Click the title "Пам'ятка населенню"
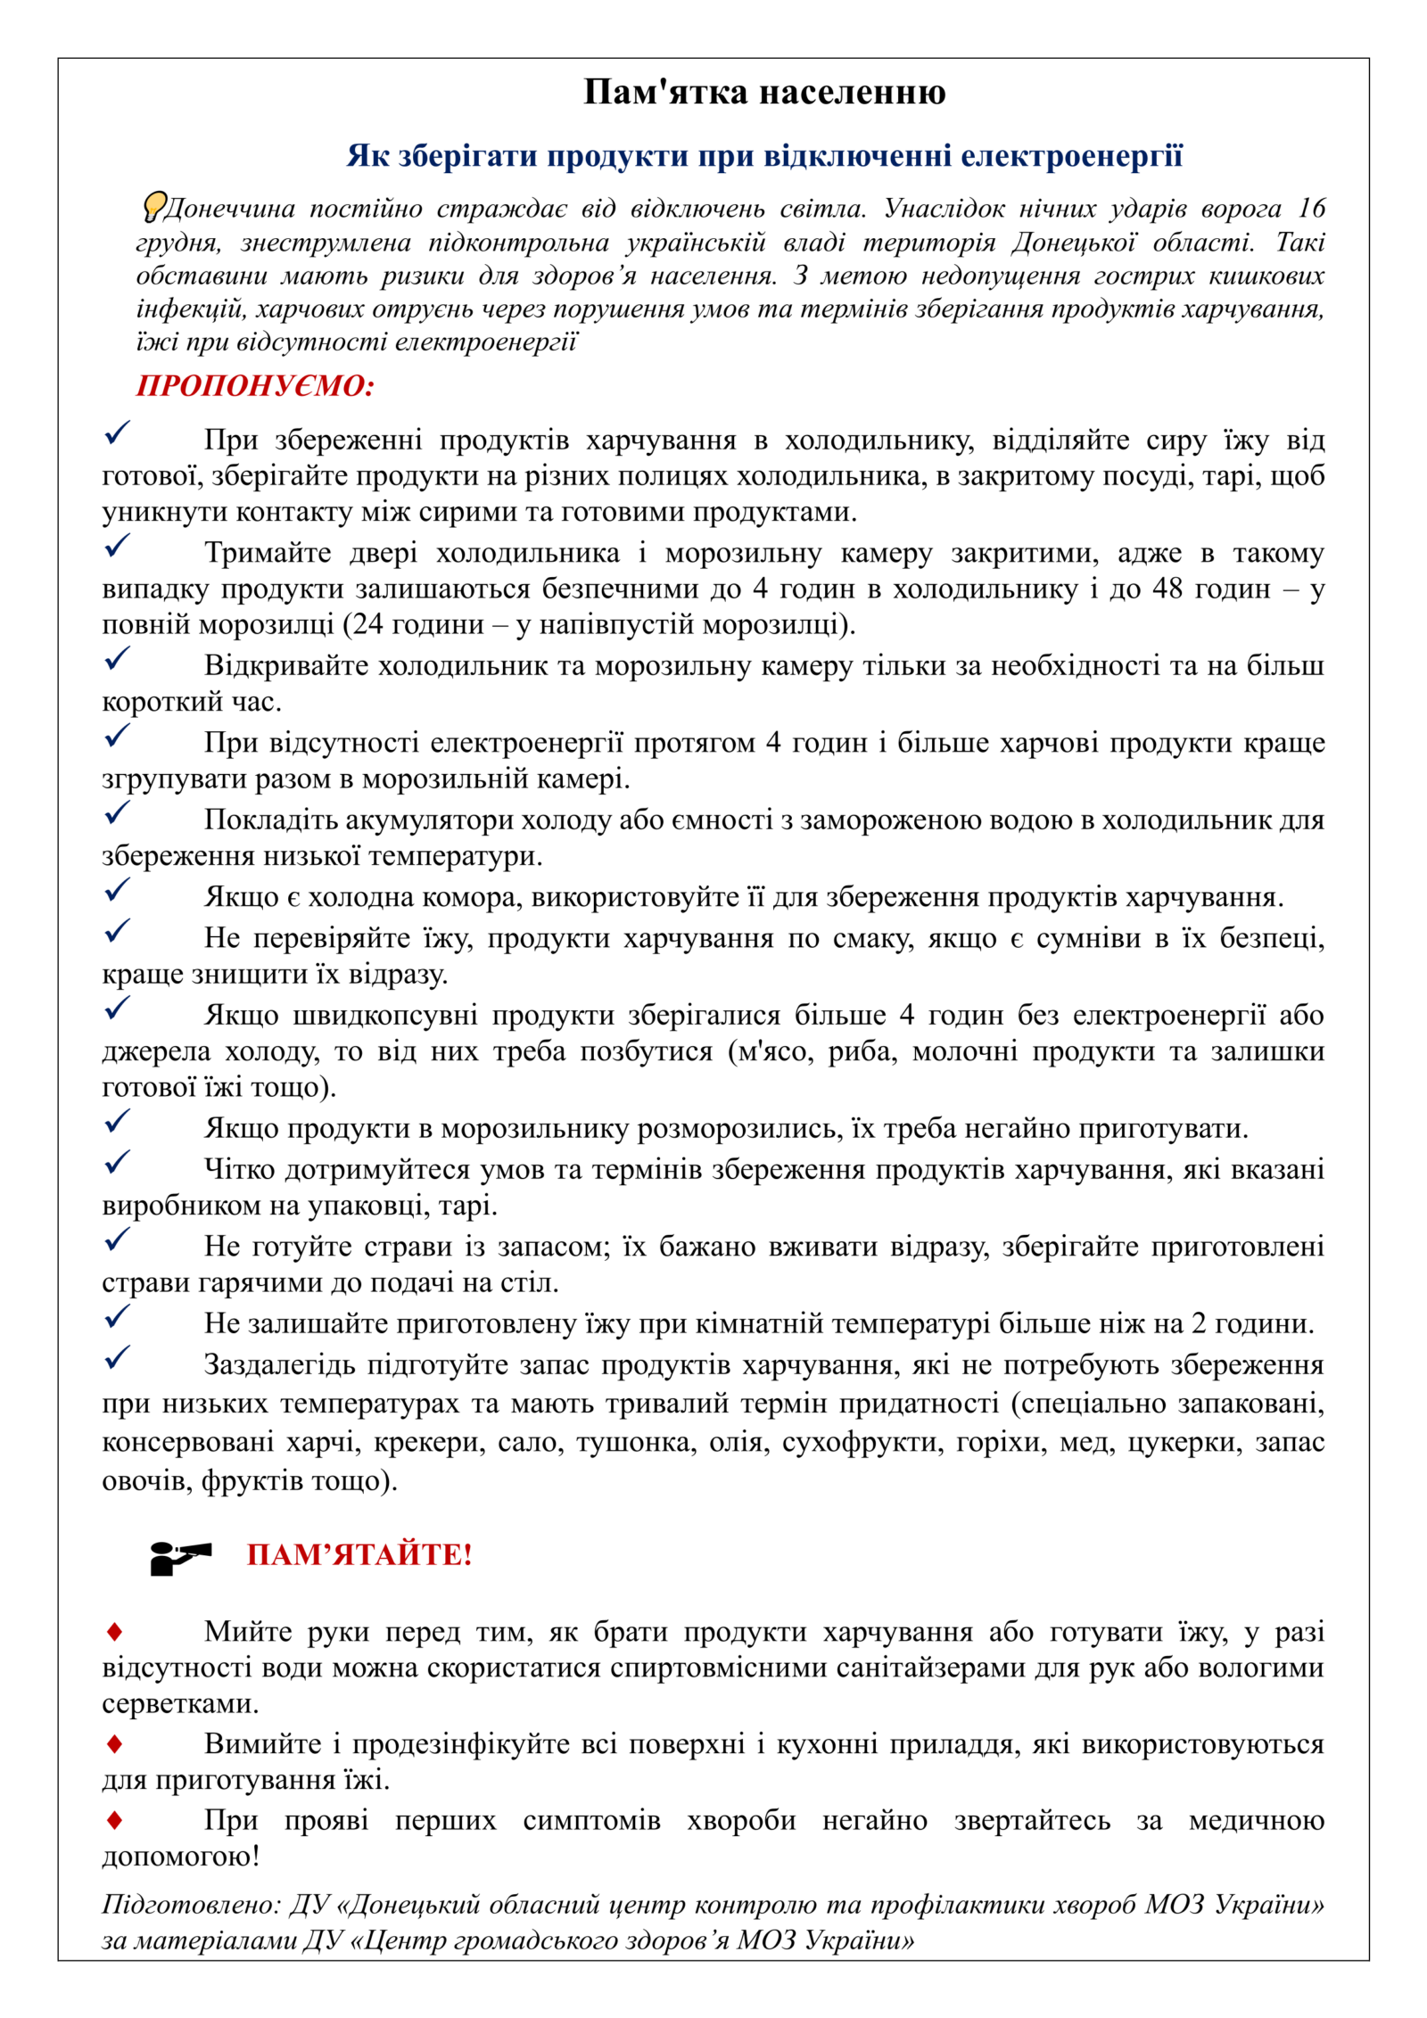coord(764,93)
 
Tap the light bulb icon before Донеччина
coord(154,206)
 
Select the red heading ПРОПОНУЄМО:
coord(255,385)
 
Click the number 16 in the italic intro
coord(1310,209)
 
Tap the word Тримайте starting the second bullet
coord(268,553)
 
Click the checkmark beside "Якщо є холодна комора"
coord(117,889)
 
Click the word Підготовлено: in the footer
coord(190,1905)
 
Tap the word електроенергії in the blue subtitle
coord(1071,156)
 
